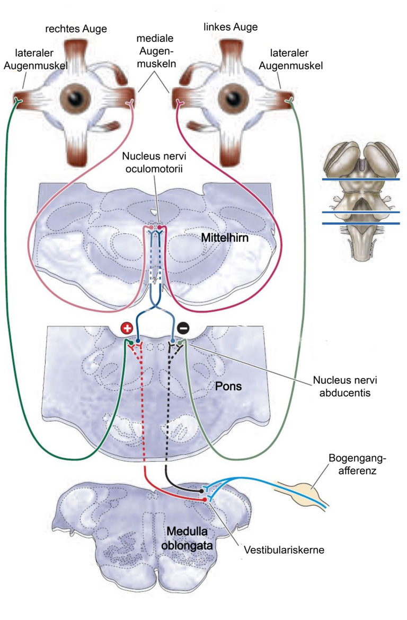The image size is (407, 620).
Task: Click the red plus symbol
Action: point(127,328)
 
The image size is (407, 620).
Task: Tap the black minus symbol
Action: point(183,328)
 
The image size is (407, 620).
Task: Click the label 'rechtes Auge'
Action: point(76,29)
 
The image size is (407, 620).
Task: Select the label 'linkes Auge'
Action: point(231,27)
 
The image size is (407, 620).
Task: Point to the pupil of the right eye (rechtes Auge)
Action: point(75,98)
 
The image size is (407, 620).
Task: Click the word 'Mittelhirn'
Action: point(225,238)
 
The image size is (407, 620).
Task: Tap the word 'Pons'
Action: point(228,386)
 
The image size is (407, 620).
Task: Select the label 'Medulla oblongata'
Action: point(187,538)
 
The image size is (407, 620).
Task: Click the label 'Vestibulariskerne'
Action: point(284,549)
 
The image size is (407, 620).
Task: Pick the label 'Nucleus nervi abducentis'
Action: point(345,386)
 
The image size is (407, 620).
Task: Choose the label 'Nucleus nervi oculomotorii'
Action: point(154,162)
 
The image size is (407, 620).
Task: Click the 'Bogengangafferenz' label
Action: point(357,464)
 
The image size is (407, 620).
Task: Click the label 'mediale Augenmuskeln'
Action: point(155,50)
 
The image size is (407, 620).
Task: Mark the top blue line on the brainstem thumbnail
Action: point(361,179)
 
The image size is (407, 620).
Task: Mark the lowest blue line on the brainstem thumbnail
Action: point(361,223)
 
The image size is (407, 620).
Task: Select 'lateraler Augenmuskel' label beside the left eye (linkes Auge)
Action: point(290,59)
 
